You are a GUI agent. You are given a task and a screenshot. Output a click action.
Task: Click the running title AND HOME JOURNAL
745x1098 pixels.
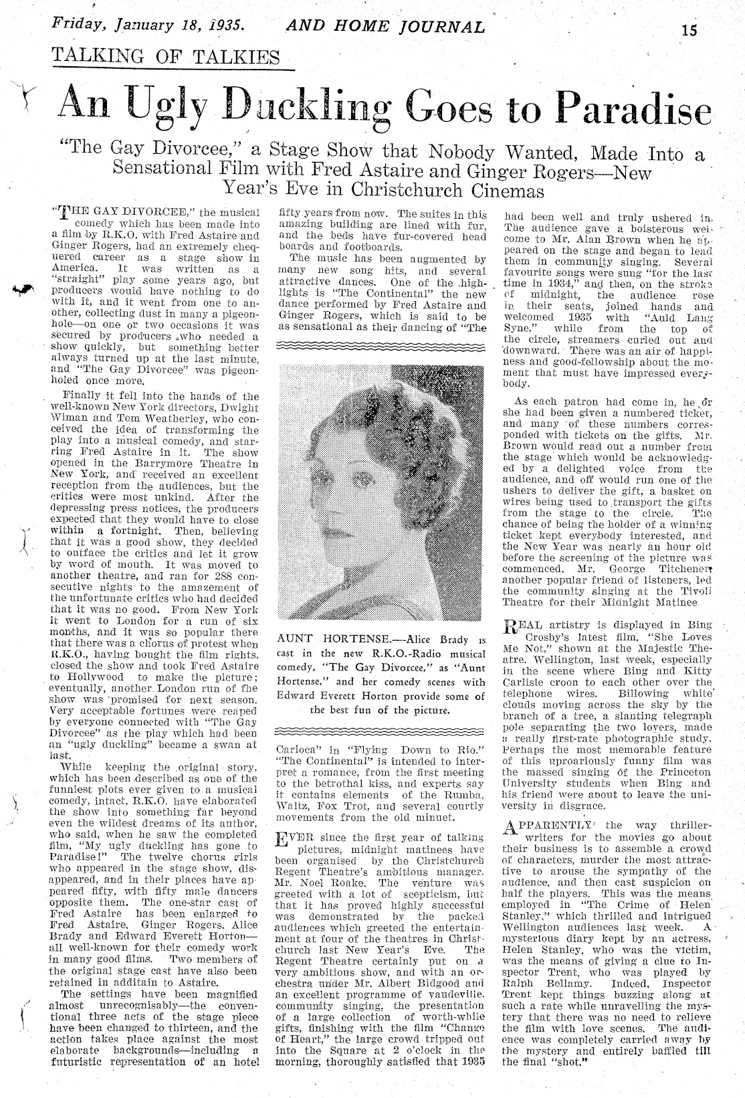[x=385, y=27]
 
